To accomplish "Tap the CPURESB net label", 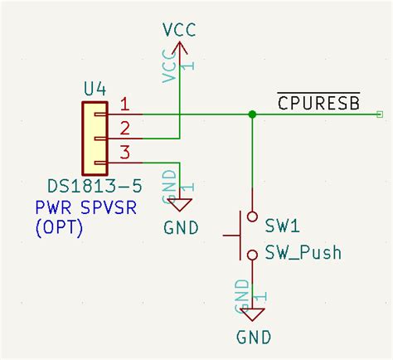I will (x=318, y=102).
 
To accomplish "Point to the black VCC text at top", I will (x=179, y=29).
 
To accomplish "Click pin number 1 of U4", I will (x=125, y=105).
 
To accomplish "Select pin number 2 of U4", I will (x=125, y=128).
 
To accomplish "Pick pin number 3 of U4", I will (x=125, y=151).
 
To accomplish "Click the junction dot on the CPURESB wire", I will (x=252, y=114).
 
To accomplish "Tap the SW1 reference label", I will (x=282, y=226).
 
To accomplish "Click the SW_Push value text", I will (x=303, y=252).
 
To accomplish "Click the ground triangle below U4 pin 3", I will (x=179, y=203).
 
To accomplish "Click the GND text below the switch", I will (x=254, y=338).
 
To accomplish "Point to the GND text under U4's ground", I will (x=181, y=226).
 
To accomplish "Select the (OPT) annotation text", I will (x=59, y=226).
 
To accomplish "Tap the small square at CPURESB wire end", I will (x=380, y=114).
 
